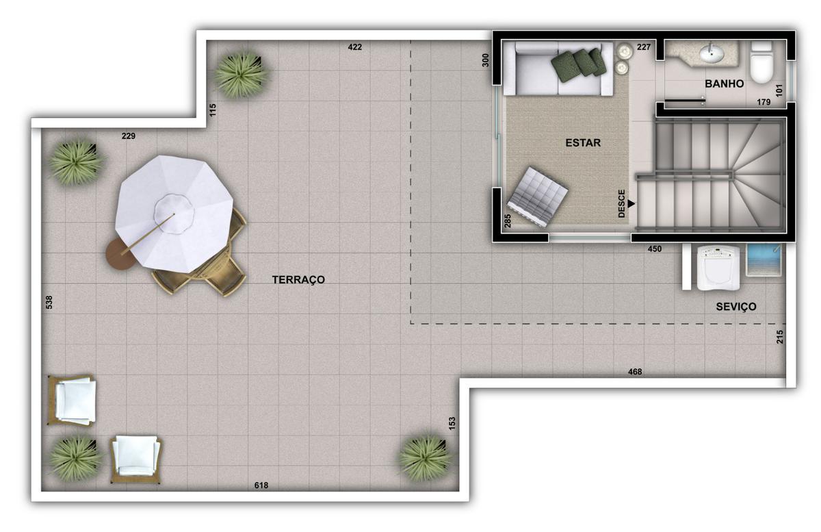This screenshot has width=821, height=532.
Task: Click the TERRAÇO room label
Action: [x=298, y=279]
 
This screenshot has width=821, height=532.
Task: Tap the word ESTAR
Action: [x=583, y=143]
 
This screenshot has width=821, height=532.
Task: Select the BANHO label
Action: [x=724, y=84]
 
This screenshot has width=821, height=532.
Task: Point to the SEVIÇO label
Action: [x=736, y=307]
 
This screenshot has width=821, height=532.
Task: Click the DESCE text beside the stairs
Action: [x=622, y=203]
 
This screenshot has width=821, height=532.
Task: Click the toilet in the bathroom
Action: [x=761, y=64]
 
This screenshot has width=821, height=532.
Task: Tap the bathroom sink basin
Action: [x=712, y=51]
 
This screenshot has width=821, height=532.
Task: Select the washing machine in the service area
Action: [x=716, y=267]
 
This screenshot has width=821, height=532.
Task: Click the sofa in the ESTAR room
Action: [x=558, y=68]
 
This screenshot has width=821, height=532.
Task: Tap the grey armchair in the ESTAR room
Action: [x=538, y=197]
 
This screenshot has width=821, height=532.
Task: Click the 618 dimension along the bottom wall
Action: [x=261, y=485]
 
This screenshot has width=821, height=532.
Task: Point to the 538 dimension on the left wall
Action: [x=49, y=302]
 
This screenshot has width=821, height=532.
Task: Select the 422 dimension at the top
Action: [x=354, y=47]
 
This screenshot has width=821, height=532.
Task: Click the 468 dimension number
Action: [x=635, y=372]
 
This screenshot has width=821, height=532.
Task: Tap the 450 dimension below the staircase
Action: [x=655, y=249]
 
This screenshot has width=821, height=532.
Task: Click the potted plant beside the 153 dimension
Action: [x=424, y=456]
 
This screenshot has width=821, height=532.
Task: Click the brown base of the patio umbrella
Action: [x=116, y=255]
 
